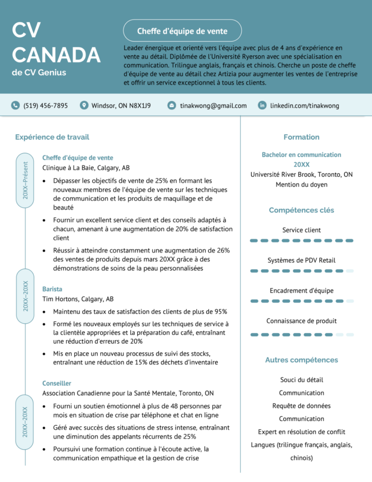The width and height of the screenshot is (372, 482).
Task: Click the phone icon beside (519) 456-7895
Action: click(15, 106)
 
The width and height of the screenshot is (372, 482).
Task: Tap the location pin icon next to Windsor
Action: click(84, 106)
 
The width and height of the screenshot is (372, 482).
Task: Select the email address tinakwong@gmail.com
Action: click(213, 106)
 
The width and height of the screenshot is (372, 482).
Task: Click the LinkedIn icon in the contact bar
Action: click(262, 106)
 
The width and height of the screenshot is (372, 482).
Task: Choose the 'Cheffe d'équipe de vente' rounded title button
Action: click(182, 31)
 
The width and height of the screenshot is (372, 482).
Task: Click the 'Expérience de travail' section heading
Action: click(52, 137)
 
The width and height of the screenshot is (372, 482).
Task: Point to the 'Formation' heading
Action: click(301, 137)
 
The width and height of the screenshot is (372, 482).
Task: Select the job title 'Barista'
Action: click(52, 289)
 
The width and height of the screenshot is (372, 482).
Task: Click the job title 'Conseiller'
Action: click(57, 383)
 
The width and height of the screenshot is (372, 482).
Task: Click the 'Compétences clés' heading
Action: click(301, 210)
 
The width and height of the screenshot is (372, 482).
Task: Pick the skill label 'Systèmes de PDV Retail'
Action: click(301, 260)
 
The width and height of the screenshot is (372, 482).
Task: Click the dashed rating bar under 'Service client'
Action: click(301, 241)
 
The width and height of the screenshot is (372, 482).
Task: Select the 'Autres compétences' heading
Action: click(301, 360)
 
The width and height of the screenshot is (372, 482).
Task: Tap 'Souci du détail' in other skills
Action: click(301, 380)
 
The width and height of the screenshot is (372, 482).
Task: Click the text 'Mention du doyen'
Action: click(301, 185)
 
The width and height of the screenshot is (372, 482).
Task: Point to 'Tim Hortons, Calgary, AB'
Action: click(78, 299)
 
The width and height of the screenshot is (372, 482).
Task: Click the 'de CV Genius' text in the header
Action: click(39, 73)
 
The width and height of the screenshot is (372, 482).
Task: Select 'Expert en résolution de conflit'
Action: click(301, 432)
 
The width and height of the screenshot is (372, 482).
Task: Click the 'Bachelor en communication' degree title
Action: click(301, 155)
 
